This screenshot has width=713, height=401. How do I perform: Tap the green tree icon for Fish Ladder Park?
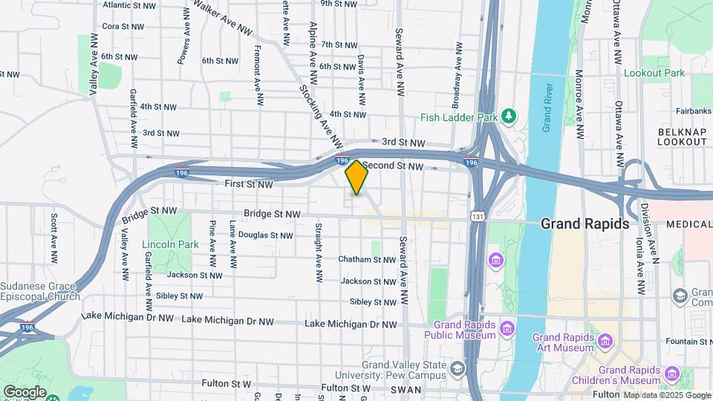click(x=509, y=116)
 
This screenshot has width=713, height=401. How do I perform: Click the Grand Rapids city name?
click(x=585, y=224)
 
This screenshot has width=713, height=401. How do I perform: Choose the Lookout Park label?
click(x=654, y=74)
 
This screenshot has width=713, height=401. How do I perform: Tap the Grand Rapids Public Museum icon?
click(x=507, y=327)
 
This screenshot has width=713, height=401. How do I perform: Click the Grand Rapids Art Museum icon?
click(x=605, y=342)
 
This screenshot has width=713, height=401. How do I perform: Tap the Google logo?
click(x=25, y=392)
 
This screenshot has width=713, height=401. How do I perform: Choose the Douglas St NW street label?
click(x=265, y=235)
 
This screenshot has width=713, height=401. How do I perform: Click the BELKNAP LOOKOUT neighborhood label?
click(x=682, y=136)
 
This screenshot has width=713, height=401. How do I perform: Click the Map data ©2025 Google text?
click(x=667, y=394)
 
